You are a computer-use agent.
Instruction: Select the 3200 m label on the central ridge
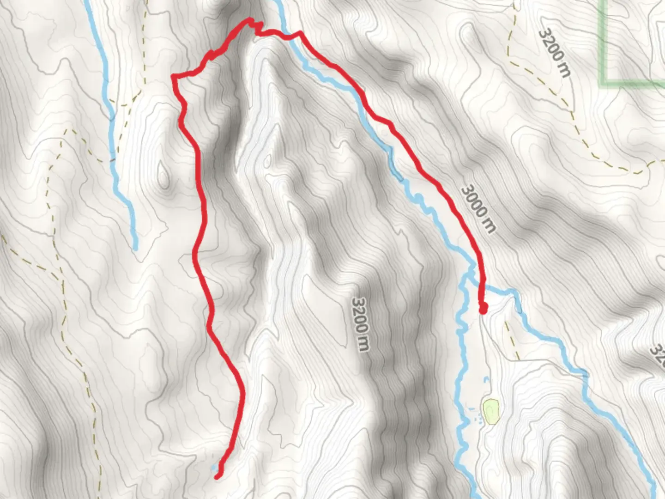tap(361, 323)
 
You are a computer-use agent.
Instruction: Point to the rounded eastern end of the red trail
tap(483, 309)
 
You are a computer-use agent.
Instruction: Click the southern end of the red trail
tap(217, 476)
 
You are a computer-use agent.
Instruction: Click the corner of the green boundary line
tap(605, 82)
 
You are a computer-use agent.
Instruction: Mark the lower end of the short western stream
tap(135, 248)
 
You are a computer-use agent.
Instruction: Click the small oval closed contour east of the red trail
tap(267, 160)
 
